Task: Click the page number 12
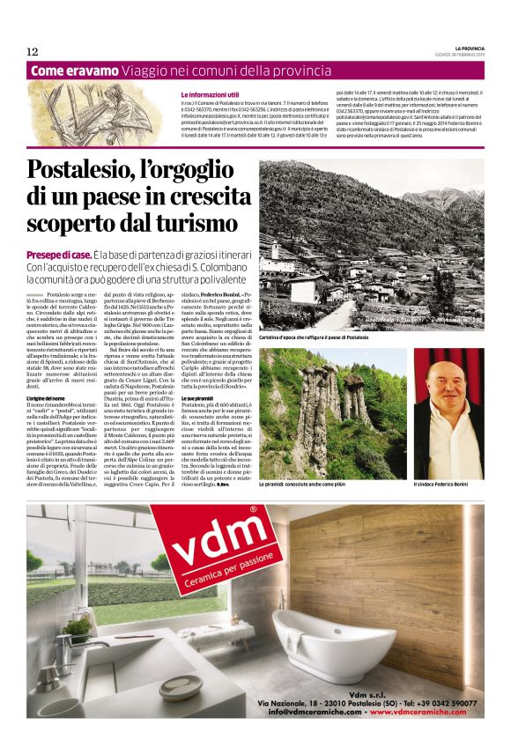click(x=32, y=50)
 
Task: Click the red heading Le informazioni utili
click(x=210, y=94)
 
